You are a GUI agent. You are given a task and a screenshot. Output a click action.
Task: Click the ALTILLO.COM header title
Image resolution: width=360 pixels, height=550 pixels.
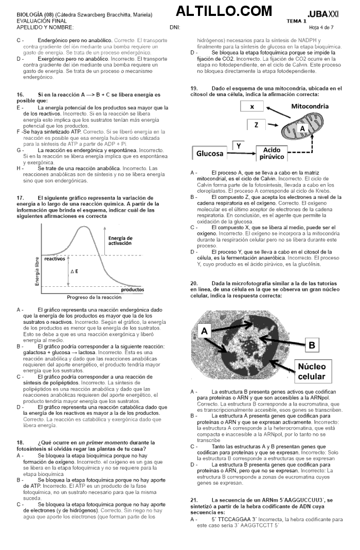tap(224, 11)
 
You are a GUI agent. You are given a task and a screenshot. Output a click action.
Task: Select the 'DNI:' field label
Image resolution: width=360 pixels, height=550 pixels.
tap(174, 27)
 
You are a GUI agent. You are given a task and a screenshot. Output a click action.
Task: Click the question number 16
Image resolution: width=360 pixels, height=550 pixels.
tap(21, 95)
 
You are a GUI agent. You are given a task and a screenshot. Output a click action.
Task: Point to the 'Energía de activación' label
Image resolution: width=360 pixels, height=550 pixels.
tap(121, 241)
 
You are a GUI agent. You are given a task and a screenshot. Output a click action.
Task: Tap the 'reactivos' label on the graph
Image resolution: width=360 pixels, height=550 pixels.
tap(55, 259)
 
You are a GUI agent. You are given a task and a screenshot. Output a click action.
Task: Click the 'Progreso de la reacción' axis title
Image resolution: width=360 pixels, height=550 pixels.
tap(95, 298)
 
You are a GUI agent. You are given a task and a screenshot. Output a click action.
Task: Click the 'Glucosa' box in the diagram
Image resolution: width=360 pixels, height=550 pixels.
tap(210, 153)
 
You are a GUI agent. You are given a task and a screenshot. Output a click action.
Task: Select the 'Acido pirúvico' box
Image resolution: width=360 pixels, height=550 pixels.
tap(273, 153)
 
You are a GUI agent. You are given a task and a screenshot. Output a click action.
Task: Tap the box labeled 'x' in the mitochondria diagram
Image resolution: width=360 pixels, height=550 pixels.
tap(252, 107)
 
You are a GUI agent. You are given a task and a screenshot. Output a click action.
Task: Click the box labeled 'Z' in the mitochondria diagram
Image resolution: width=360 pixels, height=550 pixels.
tap(256, 125)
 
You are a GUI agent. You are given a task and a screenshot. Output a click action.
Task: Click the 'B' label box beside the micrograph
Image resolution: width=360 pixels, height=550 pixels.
tap(312, 345)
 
